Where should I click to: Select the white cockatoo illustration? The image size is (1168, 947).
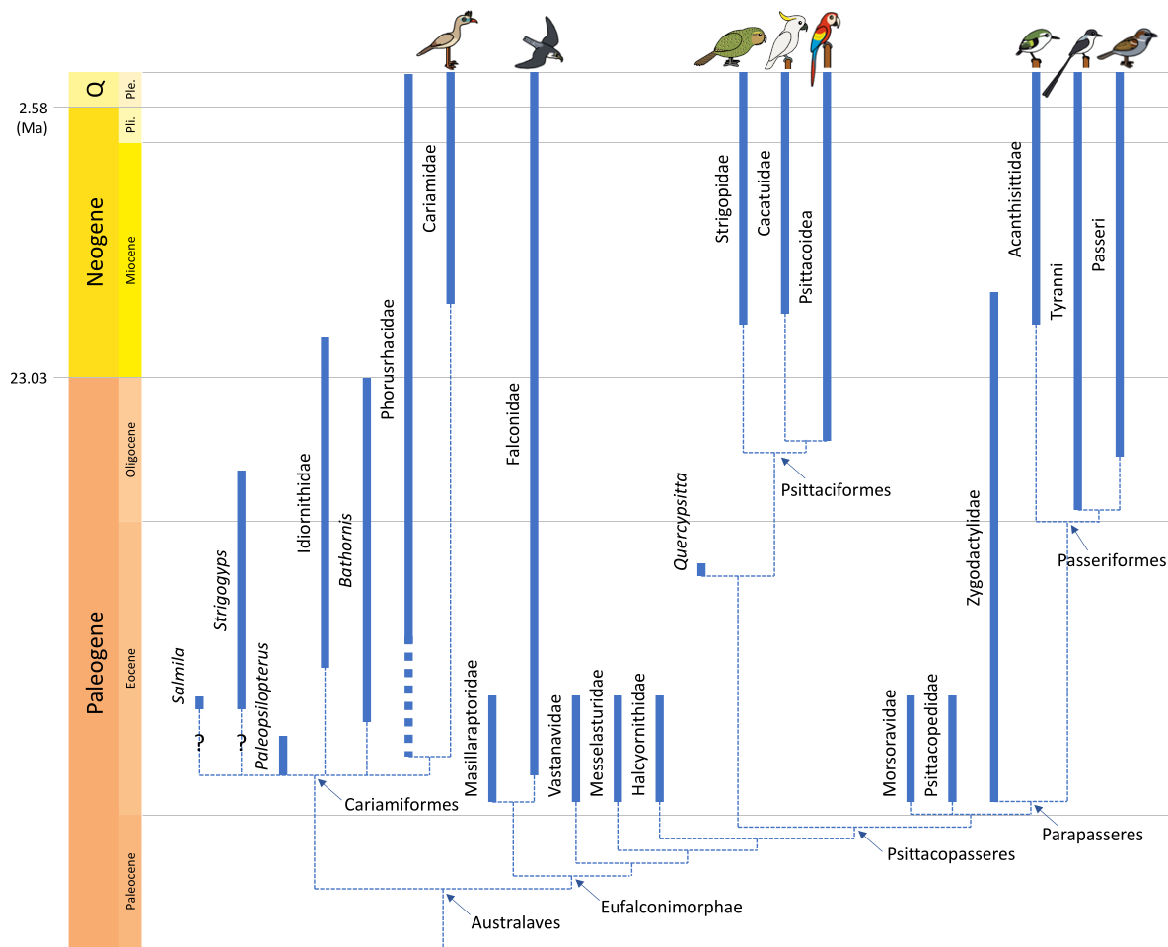[787, 40]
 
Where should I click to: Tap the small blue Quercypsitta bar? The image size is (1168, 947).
[701, 569]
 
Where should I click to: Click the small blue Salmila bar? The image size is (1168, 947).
[199, 702]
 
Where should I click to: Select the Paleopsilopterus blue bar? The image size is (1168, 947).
[283, 755]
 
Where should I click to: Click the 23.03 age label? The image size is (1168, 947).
[31, 377]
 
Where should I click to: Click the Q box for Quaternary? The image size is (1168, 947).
[95, 90]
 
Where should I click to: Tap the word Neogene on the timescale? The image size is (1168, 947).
[95, 242]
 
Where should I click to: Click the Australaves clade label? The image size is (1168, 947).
[515, 923]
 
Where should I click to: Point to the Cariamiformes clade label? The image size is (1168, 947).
[401, 804]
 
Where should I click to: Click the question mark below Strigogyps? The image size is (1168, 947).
[241, 740]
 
